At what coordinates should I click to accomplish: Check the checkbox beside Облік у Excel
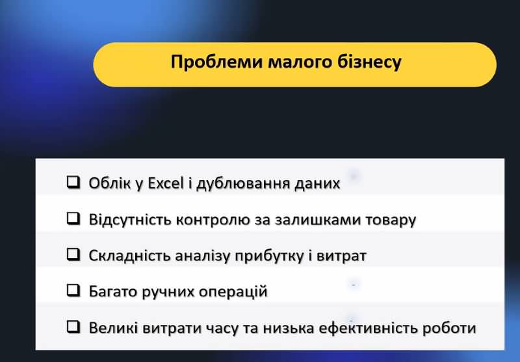point(73,182)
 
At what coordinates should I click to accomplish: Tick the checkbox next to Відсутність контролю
point(73,218)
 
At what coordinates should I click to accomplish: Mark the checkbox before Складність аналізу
point(73,254)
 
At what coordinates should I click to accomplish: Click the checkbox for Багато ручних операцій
point(73,291)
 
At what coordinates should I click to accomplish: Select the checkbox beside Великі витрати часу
point(73,326)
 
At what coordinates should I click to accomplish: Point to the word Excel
point(166,183)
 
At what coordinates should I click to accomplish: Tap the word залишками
point(317,220)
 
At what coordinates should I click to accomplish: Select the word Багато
point(113,292)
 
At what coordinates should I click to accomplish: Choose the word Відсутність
point(129,220)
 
